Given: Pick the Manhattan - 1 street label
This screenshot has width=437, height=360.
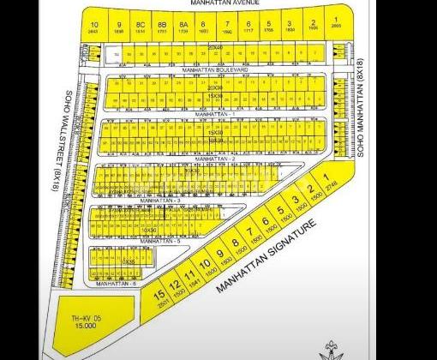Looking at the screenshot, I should point(214,113).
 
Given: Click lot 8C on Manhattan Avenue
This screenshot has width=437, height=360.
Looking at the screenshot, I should point(140,28).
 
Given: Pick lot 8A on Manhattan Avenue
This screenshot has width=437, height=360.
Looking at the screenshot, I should point(183,28).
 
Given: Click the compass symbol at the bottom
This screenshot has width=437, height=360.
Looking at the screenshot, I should point(331,347).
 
